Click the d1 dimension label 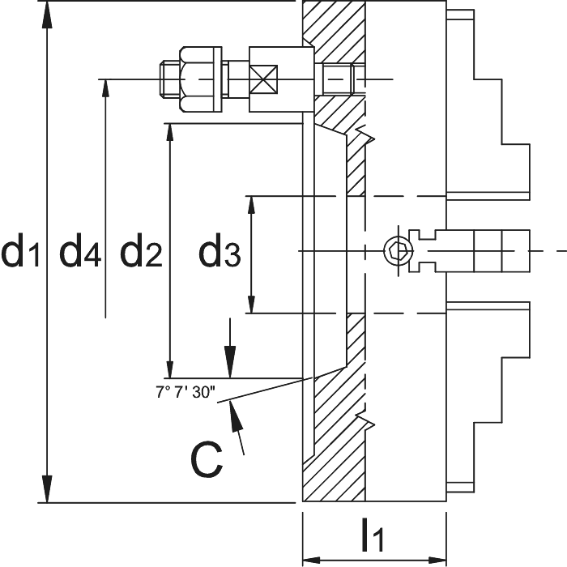pos(20,249)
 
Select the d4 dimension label pos(80,249)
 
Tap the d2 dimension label pos(141,249)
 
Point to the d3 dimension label pos(220,249)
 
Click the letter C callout pos(207,459)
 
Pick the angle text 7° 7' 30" pos(185,392)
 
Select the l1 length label pos(373,535)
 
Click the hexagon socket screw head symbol pos(399,250)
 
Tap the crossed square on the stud pos(263,79)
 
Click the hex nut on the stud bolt pos(200,79)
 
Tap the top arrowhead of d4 pos(105,87)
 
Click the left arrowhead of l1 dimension pos(311,561)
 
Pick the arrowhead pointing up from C pos(237,416)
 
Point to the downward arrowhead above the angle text pos(230,362)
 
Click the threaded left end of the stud pos(169,79)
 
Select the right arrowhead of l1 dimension pos(437,561)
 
